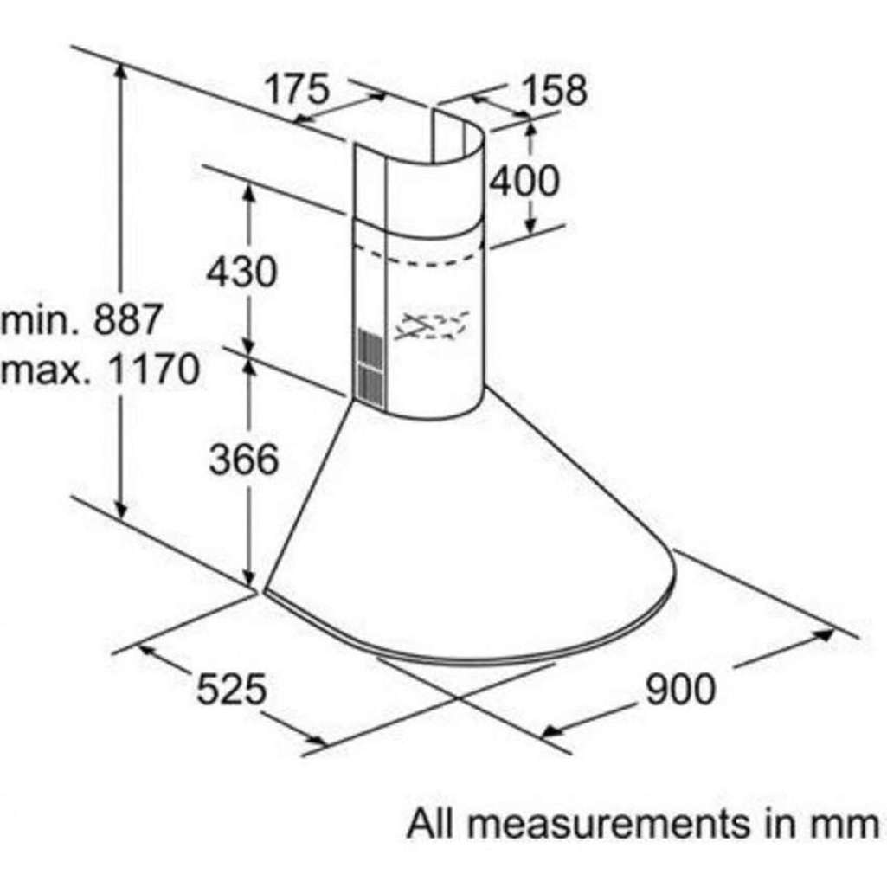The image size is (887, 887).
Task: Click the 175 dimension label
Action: click(x=297, y=89)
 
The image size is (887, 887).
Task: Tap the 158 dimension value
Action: click(x=555, y=90)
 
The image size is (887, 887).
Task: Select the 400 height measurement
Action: click(x=524, y=181)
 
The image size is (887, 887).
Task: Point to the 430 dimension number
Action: click(x=242, y=272)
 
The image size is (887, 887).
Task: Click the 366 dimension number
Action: click(x=244, y=459)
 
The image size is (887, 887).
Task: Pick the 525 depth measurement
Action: click(x=231, y=689)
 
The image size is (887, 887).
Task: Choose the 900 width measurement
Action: click(x=680, y=689)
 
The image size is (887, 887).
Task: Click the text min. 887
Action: click(x=82, y=319)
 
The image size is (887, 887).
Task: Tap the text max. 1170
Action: click(x=100, y=369)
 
